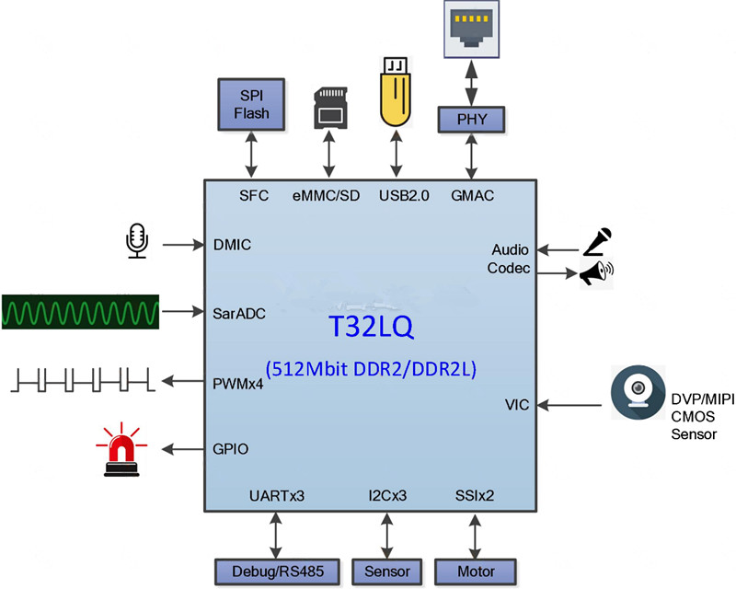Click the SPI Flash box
point(251,104)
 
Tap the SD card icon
point(330,108)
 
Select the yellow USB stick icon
point(396,92)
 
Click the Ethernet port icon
point(471,29)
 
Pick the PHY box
point(471,120)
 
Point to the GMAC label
point(472,195)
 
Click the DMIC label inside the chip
point(232,245)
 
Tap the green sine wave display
point(80,312)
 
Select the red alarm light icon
point(121,449)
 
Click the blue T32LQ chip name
point(371,327)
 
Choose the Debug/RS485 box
point(277,572)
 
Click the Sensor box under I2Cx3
point(386,572)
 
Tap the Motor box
point(476,572)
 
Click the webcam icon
point(638,392)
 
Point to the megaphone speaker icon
point(596,273)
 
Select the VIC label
point(517,405)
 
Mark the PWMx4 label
point(238,384)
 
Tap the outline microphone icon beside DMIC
point(137,240)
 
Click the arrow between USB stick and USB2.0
point(397,154)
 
